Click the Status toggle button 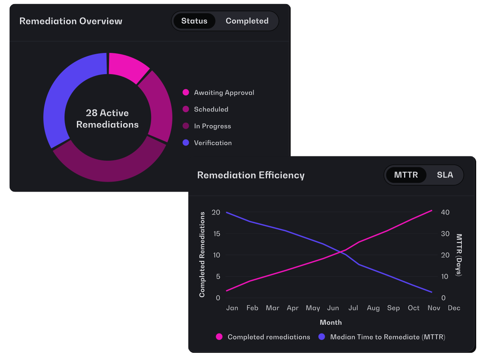[x=194, y=21]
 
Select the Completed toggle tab [x=247, y=21]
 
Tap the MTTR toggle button [x=406, y=175]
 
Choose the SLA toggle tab [x=445, y=175]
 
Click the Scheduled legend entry [x=205, y=109]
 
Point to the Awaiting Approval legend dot [x=186, y=93]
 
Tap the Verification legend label [x=212, y=143]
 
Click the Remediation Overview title [x=71, y=21]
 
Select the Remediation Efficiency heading [x=251, y=175]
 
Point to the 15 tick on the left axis [x=216, y=234]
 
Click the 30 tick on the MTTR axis [x=445, y=234]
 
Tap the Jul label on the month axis [x=353, y=308]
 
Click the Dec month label [x=454, y=308]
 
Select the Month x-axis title [x=330, y=322]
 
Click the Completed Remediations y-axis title [x=202, y=255]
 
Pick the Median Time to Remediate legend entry [x=382, y=337]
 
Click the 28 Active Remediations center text [x=107, y=119]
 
